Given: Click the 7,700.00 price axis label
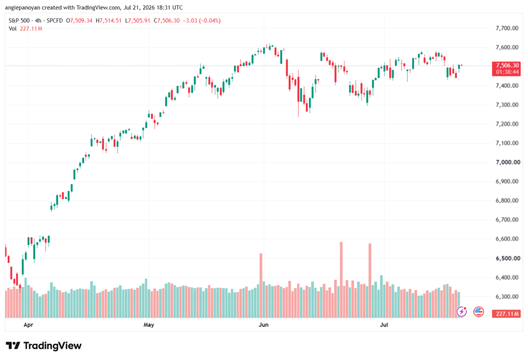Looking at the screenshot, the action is coord(507,28).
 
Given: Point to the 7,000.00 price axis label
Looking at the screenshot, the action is coord(507,162).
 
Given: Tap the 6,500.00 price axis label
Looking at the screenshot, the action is coord(507,258).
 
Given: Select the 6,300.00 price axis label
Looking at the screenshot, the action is coord(507,297).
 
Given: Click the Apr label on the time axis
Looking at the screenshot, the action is coord(28,325).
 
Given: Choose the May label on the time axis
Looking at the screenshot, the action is coord(148,325).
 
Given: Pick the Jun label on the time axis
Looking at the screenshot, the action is coord(263,325).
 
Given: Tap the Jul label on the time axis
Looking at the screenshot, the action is coord(384,325).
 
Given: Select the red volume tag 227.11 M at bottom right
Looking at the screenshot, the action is coord(506,314).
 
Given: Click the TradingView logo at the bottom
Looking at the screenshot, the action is coord(44,346).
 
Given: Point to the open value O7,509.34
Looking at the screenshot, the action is coord(79,21).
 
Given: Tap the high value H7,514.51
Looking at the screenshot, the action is coord(108,21).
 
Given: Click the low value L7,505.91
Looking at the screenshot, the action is coord(137,21).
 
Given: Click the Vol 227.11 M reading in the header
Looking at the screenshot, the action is coord(26,29).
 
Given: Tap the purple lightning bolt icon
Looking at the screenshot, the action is coord(461,312).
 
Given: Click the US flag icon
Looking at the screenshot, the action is coord(478,312).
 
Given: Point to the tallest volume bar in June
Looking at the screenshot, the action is coord(341,280).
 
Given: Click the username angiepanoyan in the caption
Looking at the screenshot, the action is coord(23,7).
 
